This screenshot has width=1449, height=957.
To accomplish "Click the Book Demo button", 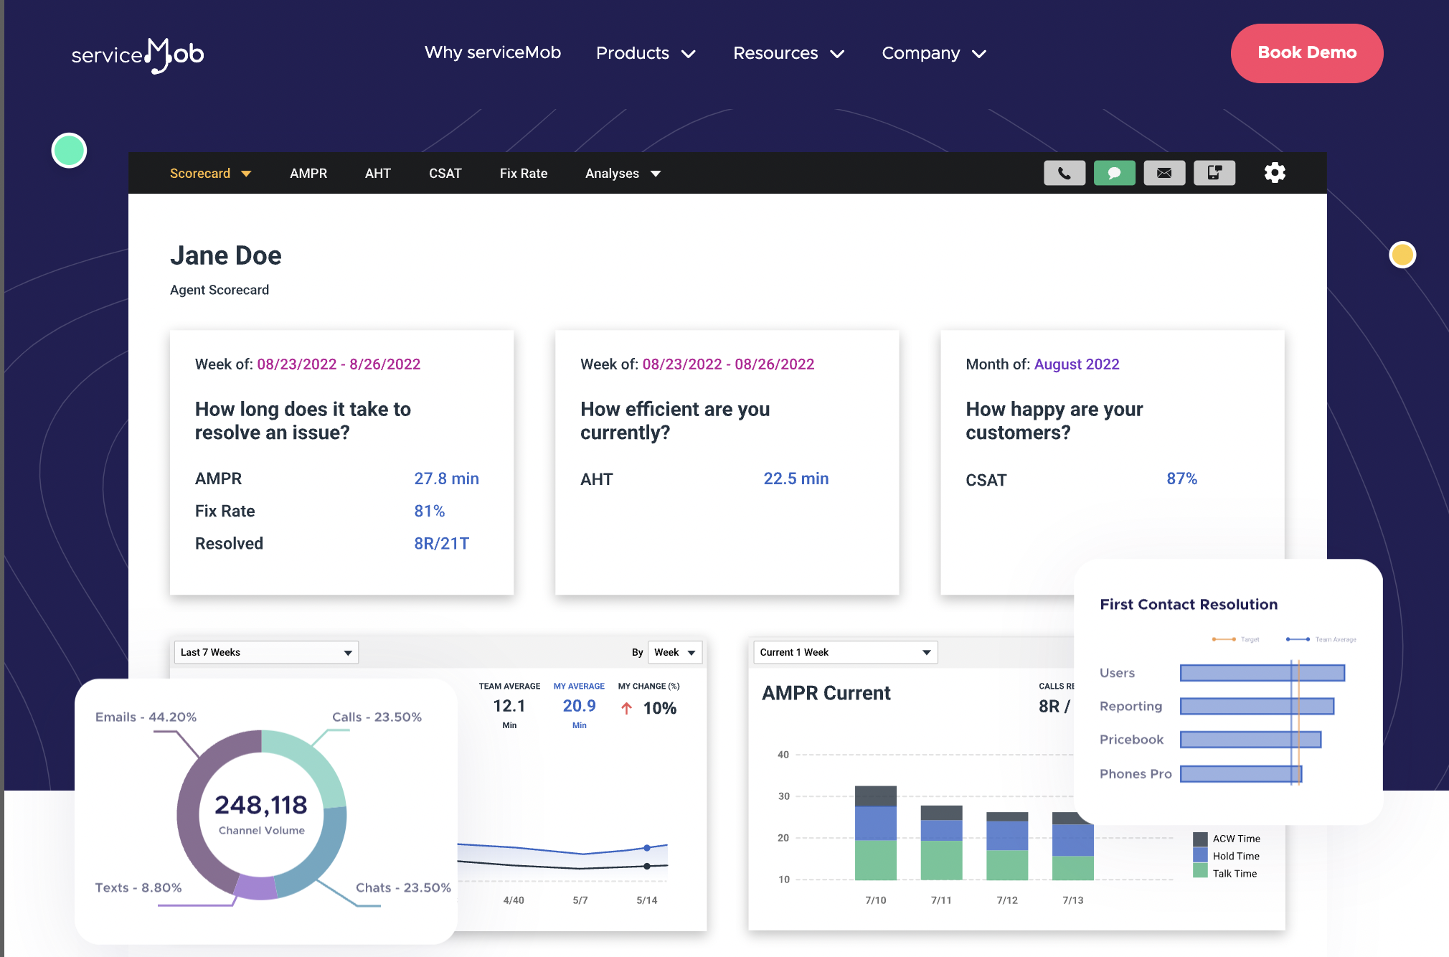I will point(1306,53).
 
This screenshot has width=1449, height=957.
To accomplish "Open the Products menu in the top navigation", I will point(646,53).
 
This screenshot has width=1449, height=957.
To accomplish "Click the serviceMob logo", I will point(138,55).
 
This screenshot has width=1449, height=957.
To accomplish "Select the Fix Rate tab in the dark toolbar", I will point(523,174).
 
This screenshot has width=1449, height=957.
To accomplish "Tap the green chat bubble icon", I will point(1114,173).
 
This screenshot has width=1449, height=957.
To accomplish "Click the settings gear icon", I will point(1274,173).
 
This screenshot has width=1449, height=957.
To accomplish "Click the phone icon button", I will point(1064,173).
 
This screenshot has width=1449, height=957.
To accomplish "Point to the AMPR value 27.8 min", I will point(446,478).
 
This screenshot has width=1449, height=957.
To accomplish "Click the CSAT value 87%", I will point(1181,478).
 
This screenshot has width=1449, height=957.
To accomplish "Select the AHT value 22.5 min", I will point(796,478).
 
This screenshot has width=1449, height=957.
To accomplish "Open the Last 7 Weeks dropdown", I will point(266,652).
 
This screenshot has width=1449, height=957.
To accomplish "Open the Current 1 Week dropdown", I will point(845,652).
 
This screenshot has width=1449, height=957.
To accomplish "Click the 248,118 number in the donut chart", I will point(261,805).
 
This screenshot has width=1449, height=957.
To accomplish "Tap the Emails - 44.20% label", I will point(146,717).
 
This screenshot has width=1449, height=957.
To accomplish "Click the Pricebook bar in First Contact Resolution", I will point(1250,740).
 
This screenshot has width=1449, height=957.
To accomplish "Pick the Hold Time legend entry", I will point(1235,856).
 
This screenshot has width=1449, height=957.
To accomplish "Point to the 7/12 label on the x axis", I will point(1007,900).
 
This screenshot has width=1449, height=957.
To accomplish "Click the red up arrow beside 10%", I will point(626,708).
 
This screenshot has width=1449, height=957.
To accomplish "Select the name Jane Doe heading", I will point(226,255).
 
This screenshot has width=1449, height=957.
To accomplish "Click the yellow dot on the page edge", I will point(1402,255).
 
